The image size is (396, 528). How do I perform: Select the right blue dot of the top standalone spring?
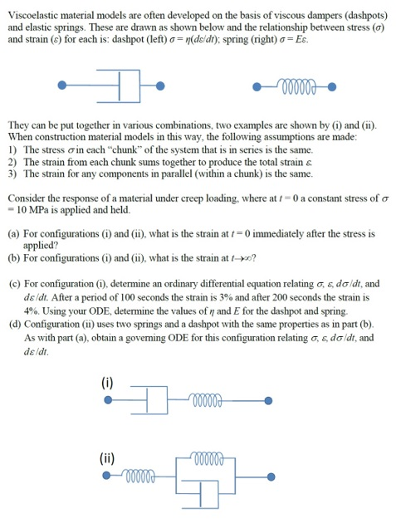(331, 86)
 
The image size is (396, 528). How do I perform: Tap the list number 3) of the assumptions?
(12, 174)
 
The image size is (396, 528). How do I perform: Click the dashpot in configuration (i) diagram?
(152, 400)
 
